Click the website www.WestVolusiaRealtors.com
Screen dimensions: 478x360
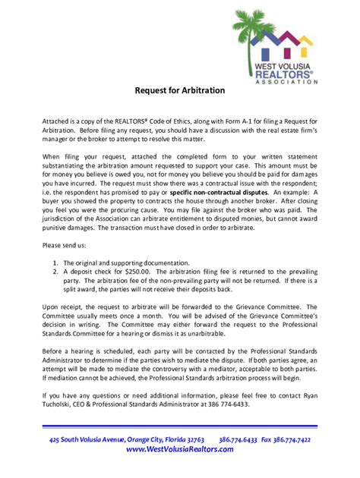coord(180,449)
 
